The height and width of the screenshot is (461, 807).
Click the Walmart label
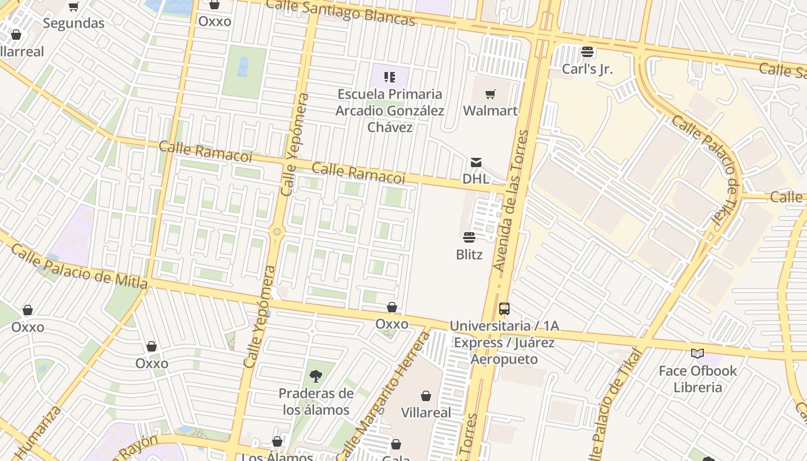[x=490, y=110]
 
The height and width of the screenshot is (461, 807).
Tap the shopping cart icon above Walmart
[x=490, y=94]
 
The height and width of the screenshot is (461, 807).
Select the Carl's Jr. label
[x=587, y=69]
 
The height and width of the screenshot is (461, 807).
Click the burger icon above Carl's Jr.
[x=587, y=52]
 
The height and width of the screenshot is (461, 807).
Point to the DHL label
[x=476, y=179]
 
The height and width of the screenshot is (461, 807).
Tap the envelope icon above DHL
[x=476, y=163]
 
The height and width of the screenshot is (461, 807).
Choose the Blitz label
[x=469, y=254]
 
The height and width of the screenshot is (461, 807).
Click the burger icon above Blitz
[x=469, y=237]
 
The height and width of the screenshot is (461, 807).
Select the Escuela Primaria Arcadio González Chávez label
[x=390, y=111]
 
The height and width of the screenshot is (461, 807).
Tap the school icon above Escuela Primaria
[x=390, y=77]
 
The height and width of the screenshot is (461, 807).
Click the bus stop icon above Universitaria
[x=504, y=309]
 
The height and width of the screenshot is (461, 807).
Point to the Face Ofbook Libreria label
[x=697, y=379]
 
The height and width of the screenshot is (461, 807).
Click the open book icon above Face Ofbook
[x=697, y=353]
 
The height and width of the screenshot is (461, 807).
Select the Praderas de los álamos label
[x=315, y=402]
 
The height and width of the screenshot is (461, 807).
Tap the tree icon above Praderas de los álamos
[x=315, y=376]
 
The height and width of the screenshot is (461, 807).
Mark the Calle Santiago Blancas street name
[x=341, y=12]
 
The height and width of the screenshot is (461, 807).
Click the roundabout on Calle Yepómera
[x=277, y=232]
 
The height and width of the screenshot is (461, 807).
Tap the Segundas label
[x=74, y=23]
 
